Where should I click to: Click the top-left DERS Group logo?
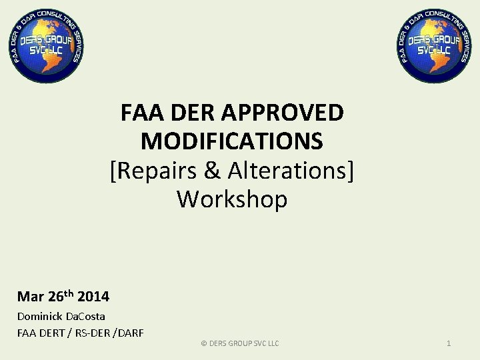tap(46, 45)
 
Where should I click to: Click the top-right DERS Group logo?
tap(434, 45)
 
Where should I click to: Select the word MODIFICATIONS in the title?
tap(232, 142)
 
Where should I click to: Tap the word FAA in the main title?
tap(139, 113)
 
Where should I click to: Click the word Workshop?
tap(232, 199)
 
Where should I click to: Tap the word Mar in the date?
tap(31, 297)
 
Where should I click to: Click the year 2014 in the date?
tap(93, 297)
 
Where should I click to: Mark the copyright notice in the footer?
tap(239, 343)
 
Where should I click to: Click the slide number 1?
tap(449, 343)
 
